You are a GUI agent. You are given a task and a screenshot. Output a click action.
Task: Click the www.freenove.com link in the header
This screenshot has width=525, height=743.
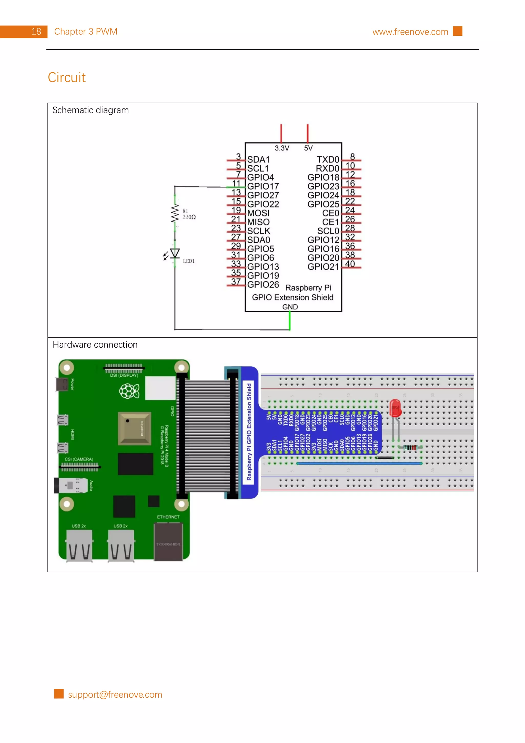[x=410, y=32]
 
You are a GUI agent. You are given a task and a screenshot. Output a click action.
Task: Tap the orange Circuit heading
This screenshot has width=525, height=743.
[x=67, y=77]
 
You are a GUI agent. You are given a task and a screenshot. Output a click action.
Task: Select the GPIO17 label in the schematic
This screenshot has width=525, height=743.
[x=263, y=186]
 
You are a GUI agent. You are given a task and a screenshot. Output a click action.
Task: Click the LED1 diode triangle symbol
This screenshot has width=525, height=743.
[x=175, y=253]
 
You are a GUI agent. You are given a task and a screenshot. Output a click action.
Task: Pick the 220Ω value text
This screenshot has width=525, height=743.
[x=189, y=217]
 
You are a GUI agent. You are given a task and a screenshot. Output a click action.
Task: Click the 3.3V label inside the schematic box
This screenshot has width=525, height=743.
[x=282, y=148]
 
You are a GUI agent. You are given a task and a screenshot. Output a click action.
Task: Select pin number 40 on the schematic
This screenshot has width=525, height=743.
[x=350, y=264]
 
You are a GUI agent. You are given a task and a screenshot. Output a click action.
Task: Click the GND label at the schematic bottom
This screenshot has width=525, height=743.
[x=290, y=307]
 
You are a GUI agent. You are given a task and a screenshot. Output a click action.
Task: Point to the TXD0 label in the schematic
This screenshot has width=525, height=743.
[x=328, y=159]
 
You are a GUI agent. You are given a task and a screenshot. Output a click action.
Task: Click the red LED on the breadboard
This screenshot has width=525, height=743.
[x=395, y=408]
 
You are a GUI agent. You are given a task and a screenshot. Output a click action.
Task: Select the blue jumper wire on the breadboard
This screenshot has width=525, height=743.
[x=359, y=463]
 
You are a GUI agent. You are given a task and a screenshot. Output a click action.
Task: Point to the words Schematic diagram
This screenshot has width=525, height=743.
[x=90, y=110]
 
